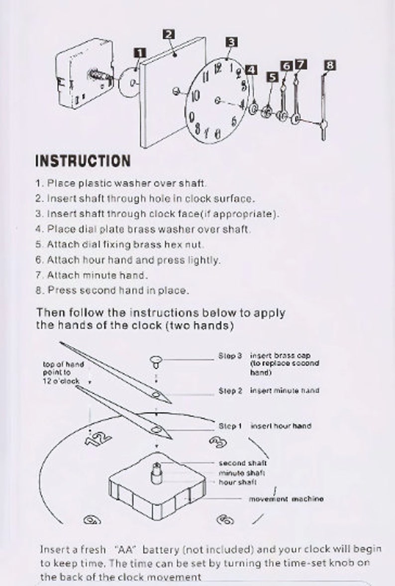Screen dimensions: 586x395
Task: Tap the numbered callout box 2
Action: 169,34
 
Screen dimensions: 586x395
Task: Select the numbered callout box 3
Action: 231,41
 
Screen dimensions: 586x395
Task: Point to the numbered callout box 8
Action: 330,65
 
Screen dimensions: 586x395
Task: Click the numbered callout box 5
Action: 272,77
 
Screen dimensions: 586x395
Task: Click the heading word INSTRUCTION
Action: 83,161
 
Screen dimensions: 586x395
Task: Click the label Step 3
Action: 230,356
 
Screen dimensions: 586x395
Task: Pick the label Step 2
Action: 230,391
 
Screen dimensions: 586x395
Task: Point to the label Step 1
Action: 230,426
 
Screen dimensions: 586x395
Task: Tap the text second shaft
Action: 242,463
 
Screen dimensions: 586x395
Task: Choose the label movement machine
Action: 286,499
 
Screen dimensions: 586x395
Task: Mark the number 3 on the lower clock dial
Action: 217,442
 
